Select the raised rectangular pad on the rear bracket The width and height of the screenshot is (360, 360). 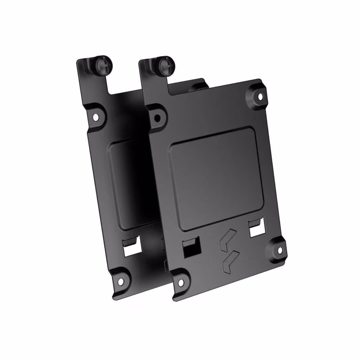point(129,182)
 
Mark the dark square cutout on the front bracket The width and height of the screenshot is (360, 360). point(192,249)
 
